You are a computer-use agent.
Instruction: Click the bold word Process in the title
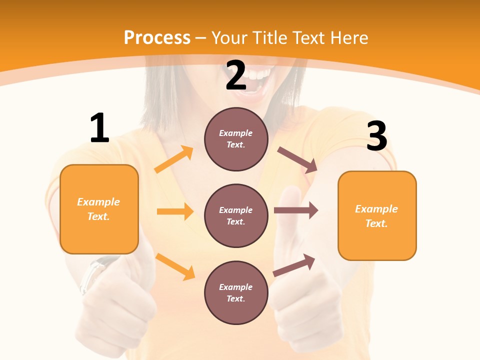tap(157, 38)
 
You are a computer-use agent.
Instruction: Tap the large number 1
tap(99, 128)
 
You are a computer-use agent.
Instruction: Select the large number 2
tap(236, 76)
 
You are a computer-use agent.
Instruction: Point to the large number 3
tap(377, 136)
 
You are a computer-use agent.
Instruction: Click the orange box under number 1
tap(99, 209)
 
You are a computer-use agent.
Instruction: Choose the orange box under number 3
tap(377, 215)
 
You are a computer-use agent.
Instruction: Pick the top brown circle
tap(236, 139)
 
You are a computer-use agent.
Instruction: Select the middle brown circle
tap(236, 215)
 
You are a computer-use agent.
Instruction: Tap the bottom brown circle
tap(236, 292)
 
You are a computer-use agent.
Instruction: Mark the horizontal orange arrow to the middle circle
tap(174, 211)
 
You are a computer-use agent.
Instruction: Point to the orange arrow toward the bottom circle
tap(175, 266)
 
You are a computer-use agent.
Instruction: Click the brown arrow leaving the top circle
tap(297, 160)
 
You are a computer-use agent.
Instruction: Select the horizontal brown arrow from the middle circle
tap(295, 210)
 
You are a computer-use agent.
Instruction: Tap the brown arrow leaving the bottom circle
tap(294, 265)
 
